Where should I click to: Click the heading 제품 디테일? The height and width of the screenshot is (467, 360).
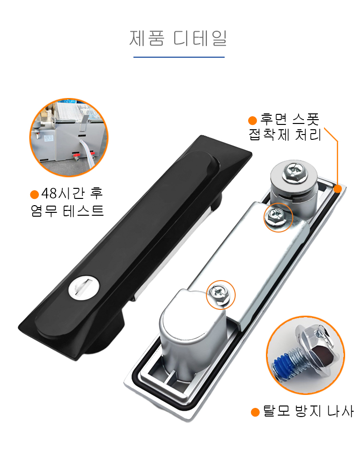(x=178, y=38)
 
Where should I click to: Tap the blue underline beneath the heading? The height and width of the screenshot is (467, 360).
(x=179, y=57)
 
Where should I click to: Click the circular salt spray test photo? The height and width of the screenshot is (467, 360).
(x=69, y=137)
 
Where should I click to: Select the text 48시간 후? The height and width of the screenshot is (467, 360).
(x=72, y=194)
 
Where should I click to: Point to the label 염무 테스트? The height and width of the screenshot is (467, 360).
(x=67, y=211)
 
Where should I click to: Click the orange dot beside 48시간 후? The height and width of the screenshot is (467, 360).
(x=35, y=195)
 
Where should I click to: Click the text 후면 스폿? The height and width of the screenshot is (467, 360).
(x=289, y=120)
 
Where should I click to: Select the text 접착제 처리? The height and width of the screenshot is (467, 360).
(x=285, y=135)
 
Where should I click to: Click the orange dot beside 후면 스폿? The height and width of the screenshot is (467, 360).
(x=252, y=120)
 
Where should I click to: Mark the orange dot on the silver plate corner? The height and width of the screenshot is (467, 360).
(x=338, y=189)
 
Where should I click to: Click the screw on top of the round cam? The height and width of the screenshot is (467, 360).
(x=295, y=172)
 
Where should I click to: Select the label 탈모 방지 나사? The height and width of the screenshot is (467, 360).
(x=308, y=411)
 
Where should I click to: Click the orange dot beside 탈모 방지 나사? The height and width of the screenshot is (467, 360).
(x=255, y=412)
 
